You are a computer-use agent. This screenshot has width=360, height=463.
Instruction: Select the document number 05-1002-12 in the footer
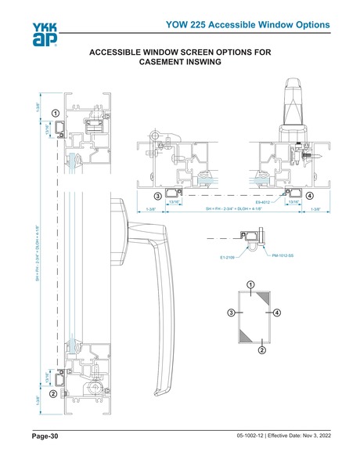pyautogui.click(x=250, y=436)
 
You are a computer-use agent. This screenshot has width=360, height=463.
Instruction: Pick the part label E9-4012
pyautogui.click(x=263, y=201)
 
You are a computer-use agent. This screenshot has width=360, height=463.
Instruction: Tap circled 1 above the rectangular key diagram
pyautogui.click(x=250, y=283)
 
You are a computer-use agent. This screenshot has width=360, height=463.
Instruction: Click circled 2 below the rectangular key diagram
pyautogui.click(x=261, y=350)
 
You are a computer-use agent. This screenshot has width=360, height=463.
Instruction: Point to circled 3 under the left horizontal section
pyautogui.click(x=157, y=195)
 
